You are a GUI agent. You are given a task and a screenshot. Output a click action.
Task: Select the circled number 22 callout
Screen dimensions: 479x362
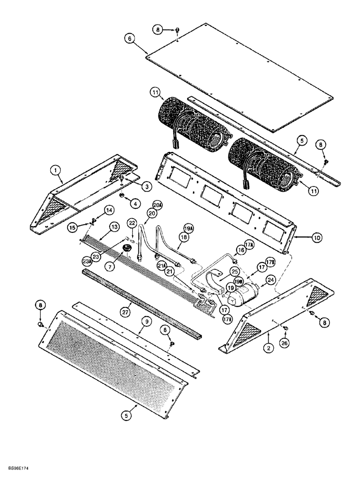(131, 223)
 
